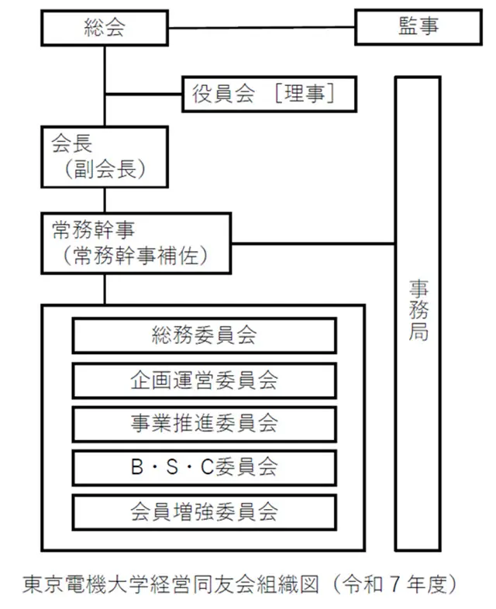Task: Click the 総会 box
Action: [105, 29]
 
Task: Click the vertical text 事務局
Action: [418, 310]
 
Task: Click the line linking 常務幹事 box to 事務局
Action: [313, 245]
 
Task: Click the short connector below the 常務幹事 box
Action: [105, 288]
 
